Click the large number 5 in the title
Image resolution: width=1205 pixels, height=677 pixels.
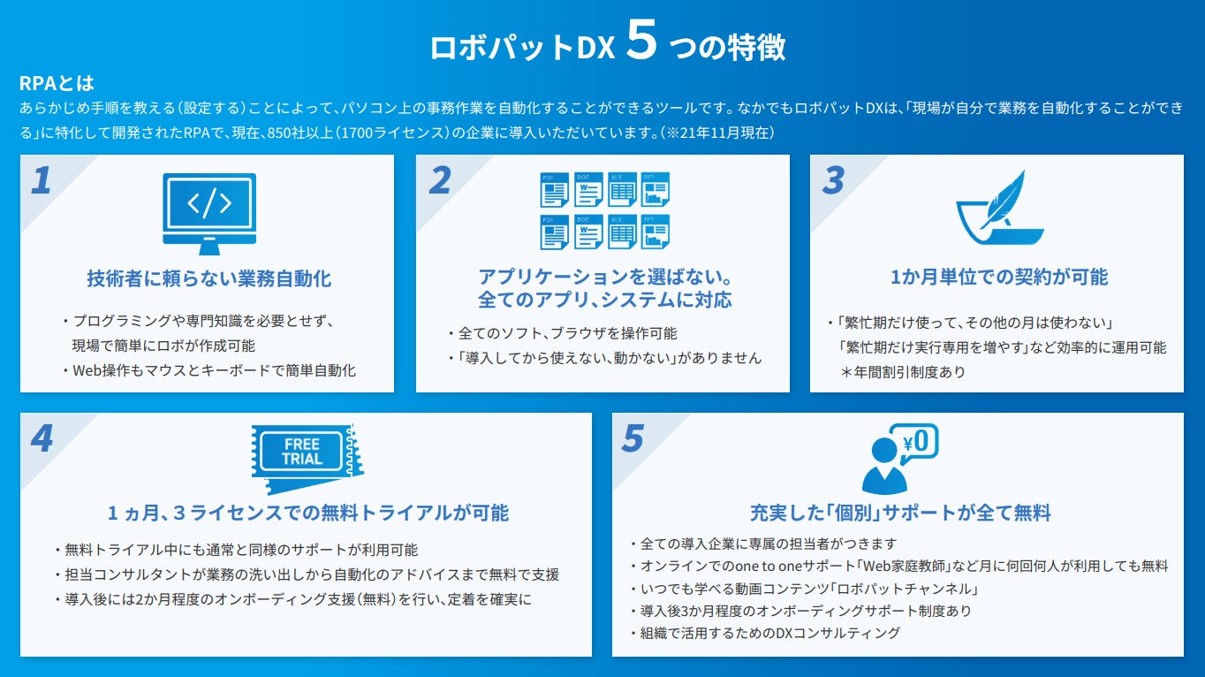641,44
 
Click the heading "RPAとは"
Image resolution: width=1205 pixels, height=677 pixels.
57,84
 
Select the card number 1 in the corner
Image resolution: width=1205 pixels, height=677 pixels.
42,180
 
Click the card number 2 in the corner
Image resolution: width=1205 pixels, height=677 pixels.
439,180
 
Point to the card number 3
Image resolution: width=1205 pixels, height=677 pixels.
833,180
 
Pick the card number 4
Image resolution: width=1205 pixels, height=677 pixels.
42,439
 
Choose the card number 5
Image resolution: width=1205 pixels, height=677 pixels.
633,439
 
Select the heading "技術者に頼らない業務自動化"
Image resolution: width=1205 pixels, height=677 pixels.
209,278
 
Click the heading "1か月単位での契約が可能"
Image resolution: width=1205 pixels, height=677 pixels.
998,277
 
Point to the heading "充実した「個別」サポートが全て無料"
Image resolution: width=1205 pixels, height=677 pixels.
900,513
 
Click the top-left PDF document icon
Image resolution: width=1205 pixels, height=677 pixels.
554,190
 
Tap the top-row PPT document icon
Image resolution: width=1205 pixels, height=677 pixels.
655,190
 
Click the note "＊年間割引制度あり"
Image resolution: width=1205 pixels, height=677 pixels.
903,372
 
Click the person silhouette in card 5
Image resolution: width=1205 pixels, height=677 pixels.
884,466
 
